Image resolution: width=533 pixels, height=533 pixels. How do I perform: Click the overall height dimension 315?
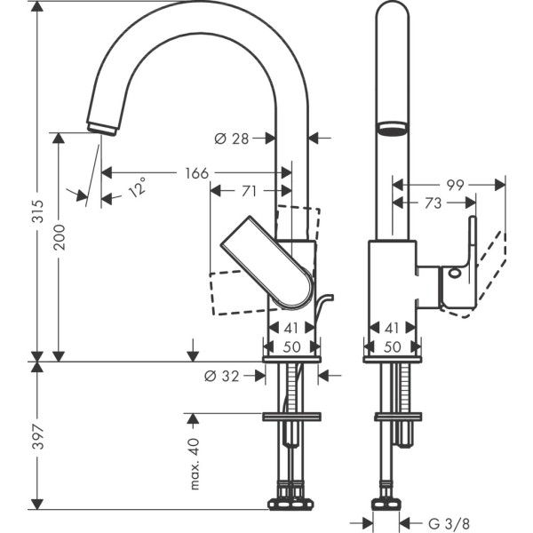pyautogui.click(x=36, y=236)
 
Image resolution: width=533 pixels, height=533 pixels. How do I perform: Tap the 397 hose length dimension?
pyautogui.click(x=36, y=436)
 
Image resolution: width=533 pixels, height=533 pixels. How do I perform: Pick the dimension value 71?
pyautogui.click(x=250, y=190)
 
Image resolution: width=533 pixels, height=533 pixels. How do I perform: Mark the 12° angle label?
pyautogui.click(x=136, y=189)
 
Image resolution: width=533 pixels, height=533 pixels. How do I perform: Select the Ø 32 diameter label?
pyautogui.click(x=222, y=376)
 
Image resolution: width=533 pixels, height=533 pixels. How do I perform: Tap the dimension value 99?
pyautogui.click(x=456, y=185)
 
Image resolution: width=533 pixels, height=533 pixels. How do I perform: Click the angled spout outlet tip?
pyautogui.click(x=102, y=125)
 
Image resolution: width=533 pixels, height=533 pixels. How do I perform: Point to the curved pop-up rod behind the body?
pyautogui.click(x=322, y=306)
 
